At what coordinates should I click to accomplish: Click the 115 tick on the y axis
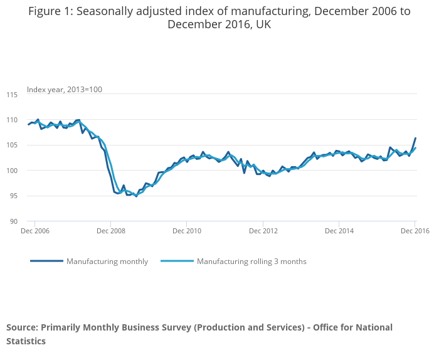pos(13,95)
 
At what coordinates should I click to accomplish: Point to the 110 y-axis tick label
pos(13,120)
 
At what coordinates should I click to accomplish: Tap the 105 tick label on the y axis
pos(13,146)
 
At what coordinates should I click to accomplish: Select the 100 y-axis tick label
pos(13,171)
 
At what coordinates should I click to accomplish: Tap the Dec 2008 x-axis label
pos(110,231)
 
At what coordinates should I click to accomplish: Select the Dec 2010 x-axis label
pos(187,231)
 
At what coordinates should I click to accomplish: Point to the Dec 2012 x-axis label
pos(263,231)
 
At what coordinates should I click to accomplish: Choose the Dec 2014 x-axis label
pos(339,231)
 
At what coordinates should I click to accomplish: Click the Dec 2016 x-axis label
pos(415,231)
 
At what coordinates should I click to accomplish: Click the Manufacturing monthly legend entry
pos(107,262)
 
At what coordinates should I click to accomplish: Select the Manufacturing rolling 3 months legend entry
pos(251,262)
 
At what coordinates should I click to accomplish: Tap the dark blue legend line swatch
pos(46,262)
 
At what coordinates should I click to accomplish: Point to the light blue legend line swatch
pos(177,262)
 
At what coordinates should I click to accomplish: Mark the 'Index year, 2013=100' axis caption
pos(64,90)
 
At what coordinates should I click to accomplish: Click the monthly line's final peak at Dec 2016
pos(415,138)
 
